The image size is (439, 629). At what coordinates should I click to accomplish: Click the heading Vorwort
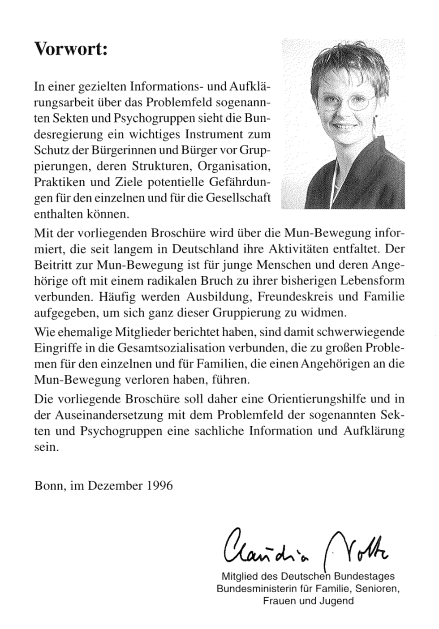[x=71, y=49]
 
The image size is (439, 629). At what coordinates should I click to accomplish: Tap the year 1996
[x=160, y=485]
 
